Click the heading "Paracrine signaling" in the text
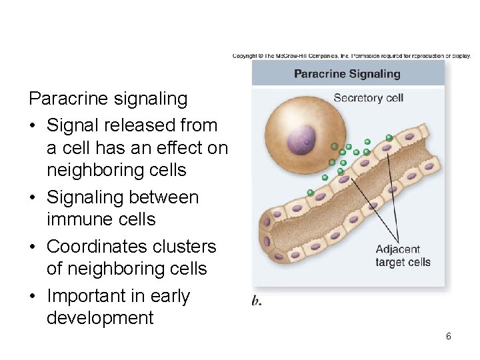point(108,99)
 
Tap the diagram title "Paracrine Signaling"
point(347,73)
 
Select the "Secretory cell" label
point(368,98)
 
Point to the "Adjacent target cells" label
point(403,256)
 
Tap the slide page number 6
point(449,336)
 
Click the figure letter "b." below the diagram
point(257,301)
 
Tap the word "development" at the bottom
point(100,318)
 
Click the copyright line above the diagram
point(351,55)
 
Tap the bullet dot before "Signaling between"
point(33,198)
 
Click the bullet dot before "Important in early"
point(33,296)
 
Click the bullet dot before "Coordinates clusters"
point(33,247)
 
